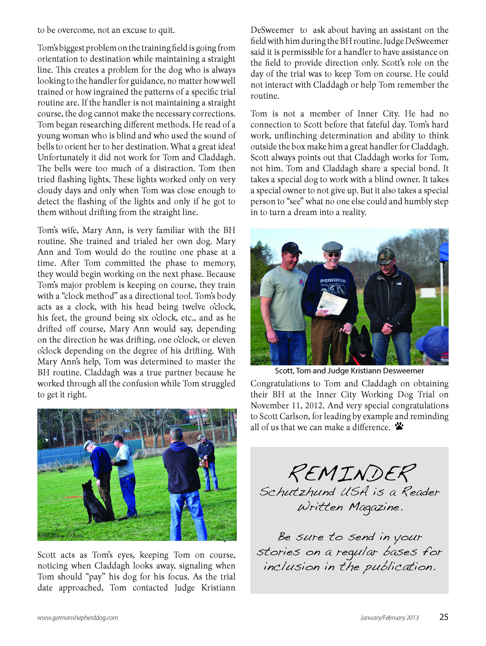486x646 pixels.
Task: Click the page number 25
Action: coord(444,617)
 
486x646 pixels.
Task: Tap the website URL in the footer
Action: coord(77,618)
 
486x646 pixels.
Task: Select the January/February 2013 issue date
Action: coord(389,618)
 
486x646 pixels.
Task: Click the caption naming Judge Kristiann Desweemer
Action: coord(349,371)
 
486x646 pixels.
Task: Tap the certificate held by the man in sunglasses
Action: coord(333,303)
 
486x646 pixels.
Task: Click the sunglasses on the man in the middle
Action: coord(333,255)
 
